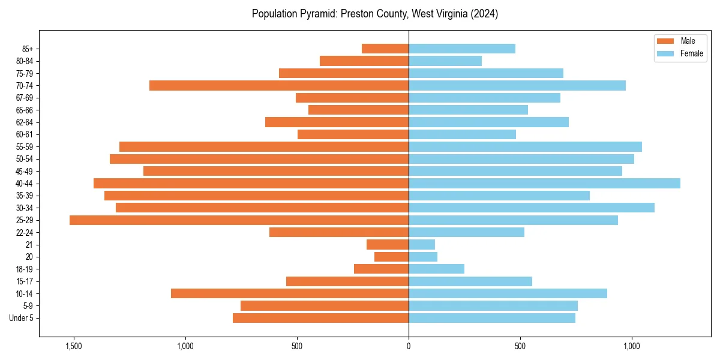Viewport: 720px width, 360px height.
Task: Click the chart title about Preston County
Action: [374, 14]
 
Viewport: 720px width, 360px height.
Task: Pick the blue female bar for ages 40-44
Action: [544, 184]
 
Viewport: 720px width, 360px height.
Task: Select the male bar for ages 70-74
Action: [279, 86]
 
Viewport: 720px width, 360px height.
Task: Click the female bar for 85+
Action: [462, 49]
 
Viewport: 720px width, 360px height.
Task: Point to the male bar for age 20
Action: [391, 257]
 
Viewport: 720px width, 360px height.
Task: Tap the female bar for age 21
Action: [422, 245]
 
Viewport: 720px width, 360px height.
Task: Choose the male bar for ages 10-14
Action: [290, 293]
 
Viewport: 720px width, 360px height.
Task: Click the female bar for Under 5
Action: [492, 318]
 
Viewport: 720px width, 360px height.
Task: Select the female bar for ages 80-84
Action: [445, 61]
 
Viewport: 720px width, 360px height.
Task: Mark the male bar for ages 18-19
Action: [381, 269]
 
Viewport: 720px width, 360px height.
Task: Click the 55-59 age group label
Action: [25, 147]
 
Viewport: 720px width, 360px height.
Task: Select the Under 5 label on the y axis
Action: [22, 318]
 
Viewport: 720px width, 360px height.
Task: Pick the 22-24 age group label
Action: [25, 233]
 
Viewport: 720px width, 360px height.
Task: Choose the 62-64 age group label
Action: [25, 122]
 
